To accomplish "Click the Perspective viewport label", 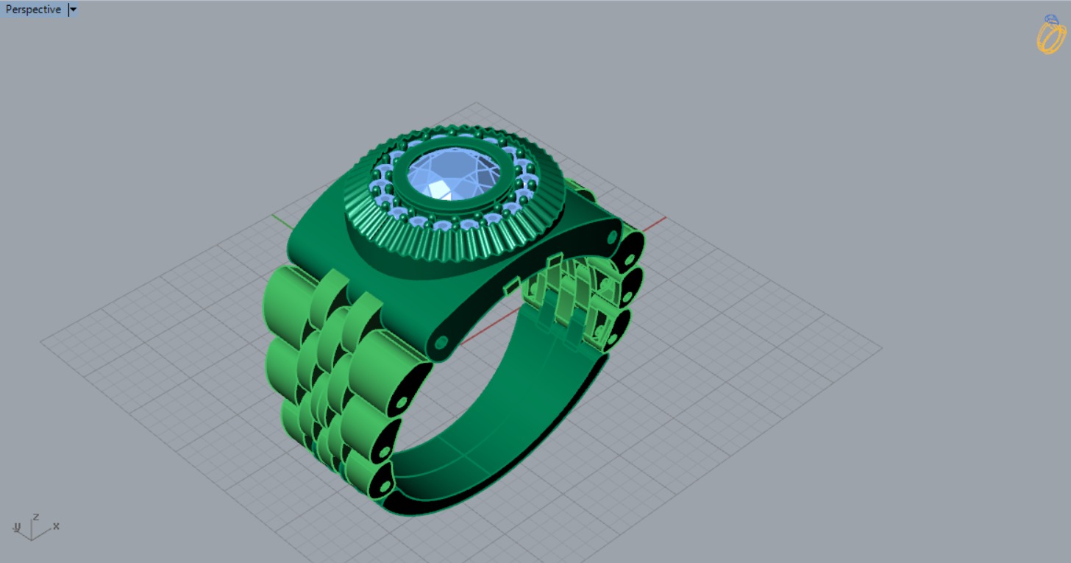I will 33,10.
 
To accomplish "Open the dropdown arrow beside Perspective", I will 72,10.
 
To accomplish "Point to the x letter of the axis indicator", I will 56,526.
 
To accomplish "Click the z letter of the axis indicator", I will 35,517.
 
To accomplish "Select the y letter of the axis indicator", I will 17,527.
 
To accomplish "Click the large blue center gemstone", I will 454,174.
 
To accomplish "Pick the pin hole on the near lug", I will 441,342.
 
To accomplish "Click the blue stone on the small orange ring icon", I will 1052,20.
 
